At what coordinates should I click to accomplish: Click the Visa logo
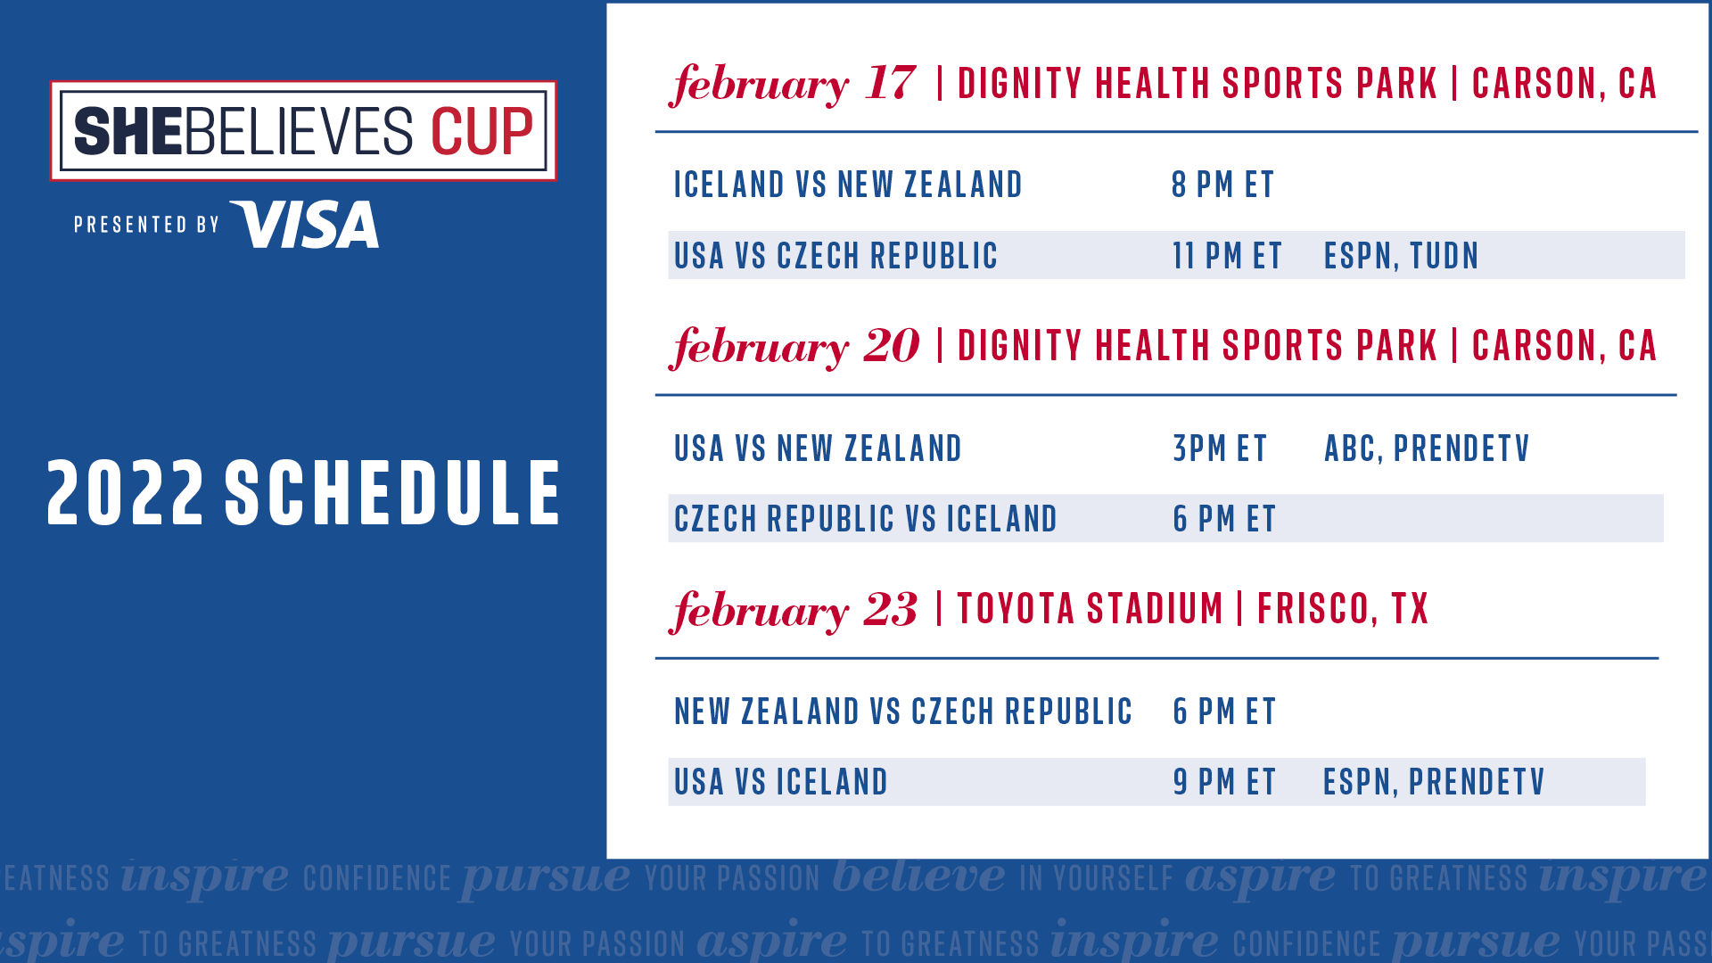(304, 224)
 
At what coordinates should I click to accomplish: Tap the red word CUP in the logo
(481, 132)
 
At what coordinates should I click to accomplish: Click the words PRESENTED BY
(146, 225)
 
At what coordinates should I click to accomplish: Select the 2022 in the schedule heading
(126, 492)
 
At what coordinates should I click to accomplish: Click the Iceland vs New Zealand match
(848, 185)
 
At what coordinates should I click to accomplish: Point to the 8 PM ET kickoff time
(1222, 185)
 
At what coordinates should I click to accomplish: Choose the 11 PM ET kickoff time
(1227, 256)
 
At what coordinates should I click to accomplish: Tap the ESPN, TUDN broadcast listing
(1401, 256)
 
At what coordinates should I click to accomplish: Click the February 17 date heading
(793, 84)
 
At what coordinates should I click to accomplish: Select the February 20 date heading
(794, 346)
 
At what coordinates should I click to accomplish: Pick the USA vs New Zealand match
(818, 449)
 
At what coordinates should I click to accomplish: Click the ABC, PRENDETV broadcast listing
(1427, 449)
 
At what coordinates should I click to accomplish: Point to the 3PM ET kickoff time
(1220, 449)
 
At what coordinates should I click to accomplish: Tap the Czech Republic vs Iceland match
(865, 519)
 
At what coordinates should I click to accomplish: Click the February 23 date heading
(793, 610)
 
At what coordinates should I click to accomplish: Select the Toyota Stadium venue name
(1090, 609)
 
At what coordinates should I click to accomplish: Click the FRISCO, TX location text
(1343, 609)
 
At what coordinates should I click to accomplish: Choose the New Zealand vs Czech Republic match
(903, 712)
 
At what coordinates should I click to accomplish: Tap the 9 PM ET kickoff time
(1224, 782)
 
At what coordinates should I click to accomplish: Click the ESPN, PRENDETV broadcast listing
(1434, 782)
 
